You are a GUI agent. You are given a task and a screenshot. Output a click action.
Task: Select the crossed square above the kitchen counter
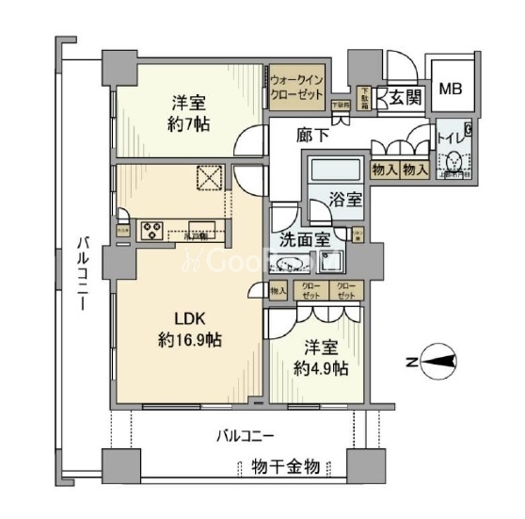coord(207,177)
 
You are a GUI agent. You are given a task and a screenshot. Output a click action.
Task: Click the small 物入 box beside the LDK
coord(278,292)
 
